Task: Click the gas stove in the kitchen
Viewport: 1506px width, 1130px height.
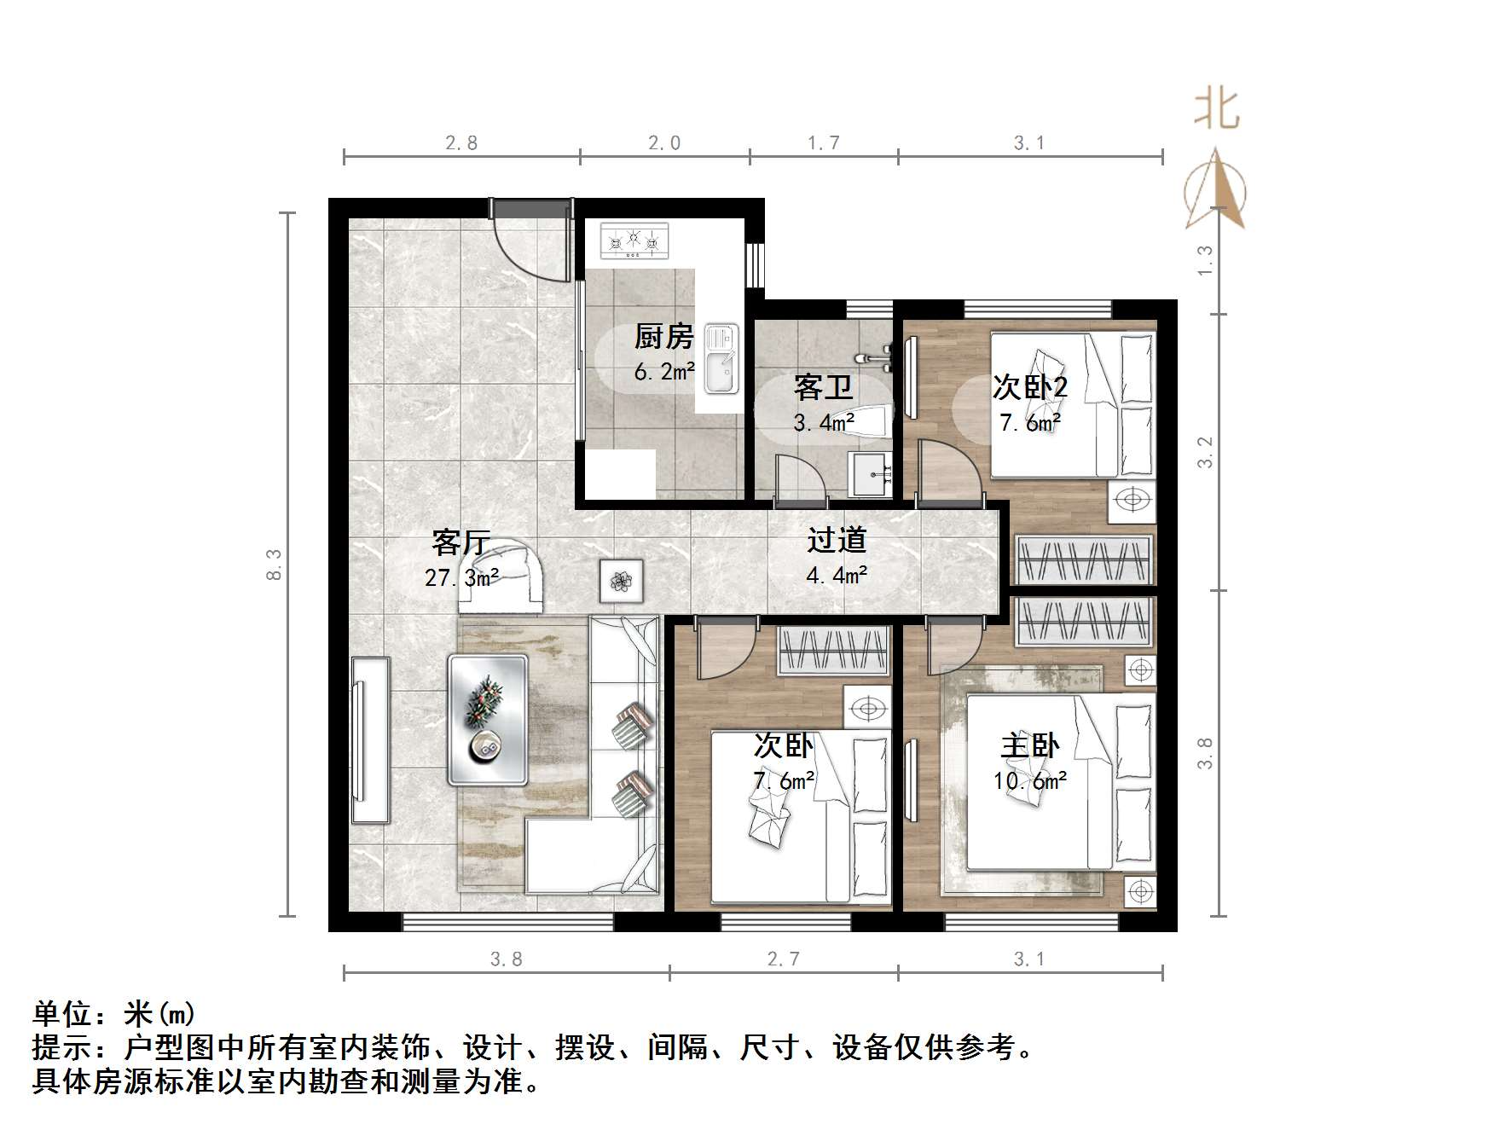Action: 634,240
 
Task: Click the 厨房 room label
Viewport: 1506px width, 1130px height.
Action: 663,337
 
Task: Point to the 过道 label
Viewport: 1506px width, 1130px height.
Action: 837,540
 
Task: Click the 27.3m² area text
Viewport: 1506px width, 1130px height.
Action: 461,577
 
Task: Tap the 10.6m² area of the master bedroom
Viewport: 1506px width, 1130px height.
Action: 1030,780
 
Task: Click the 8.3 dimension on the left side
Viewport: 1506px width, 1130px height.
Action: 274,564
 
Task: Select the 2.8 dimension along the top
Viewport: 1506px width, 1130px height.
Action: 461,142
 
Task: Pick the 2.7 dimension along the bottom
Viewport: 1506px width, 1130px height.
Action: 783,959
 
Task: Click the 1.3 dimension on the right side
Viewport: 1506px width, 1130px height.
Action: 1204,260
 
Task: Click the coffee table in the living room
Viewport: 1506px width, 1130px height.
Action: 488,719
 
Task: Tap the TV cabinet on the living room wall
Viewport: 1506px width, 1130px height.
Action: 370,739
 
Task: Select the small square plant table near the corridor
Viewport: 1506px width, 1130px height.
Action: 621,582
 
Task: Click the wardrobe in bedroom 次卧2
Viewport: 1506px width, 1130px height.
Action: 1083,560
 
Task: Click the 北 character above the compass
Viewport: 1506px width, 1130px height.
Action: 1216,110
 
